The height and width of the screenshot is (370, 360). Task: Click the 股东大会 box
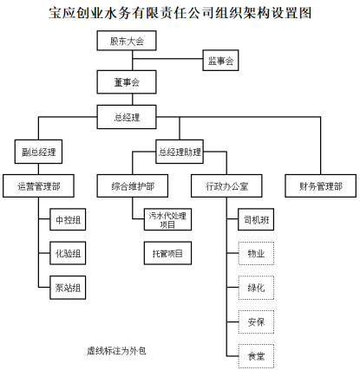coord(127,41)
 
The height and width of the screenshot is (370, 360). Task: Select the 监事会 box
coord(220,61)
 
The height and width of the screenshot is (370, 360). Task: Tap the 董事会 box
coord(127,82)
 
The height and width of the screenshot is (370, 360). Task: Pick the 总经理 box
coord(127,117)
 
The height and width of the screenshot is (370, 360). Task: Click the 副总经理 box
coord(38,152)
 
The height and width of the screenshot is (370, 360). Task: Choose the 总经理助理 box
coord(180,152)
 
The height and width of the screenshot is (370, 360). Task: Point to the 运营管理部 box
coord(38,186)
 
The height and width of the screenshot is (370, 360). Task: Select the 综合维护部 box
coord(133,186)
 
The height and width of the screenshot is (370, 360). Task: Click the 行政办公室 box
coord(226,186)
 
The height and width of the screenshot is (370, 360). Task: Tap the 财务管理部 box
coord(321,186)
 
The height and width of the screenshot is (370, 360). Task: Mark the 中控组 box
coord(68,219)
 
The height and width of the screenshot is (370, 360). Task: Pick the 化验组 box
coord(68,253)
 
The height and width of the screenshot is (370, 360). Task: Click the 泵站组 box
coord(68,288)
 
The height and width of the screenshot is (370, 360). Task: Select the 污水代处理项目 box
coord(167,219)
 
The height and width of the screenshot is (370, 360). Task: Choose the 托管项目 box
coord(167,253)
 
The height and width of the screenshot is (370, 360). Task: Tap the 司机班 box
coord(256,219)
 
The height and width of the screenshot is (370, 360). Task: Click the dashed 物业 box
coord(256,253)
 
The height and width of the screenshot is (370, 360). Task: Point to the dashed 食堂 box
coord(256,356)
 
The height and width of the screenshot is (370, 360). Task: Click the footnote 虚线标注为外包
coord(116,351)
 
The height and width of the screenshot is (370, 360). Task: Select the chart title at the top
coord(180,13)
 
